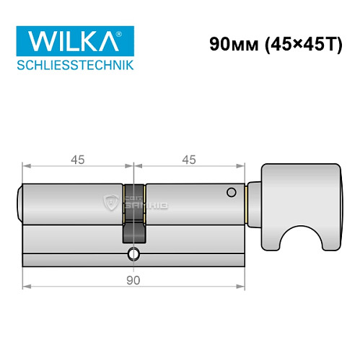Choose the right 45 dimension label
pyautogui.click(x=190, y=159)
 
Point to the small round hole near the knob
pyautogui.click(x=231, y=193)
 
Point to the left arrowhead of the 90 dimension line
pyautogui.click(x=26, y=287)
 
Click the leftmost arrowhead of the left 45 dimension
pyautogui.click(x=26, y=166)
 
